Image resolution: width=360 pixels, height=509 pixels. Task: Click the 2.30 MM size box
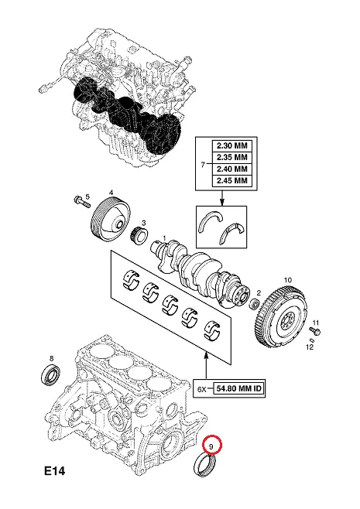232,145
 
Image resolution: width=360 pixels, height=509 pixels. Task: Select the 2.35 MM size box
232,157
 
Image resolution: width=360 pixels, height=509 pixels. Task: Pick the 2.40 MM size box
232,169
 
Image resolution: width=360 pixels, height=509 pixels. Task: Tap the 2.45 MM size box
232,180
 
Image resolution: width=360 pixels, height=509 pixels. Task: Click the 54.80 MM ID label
238,388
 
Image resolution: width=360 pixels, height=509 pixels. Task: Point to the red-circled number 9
211,447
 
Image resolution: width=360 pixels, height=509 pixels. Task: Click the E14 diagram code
55,470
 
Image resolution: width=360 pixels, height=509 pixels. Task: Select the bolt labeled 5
82,202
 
